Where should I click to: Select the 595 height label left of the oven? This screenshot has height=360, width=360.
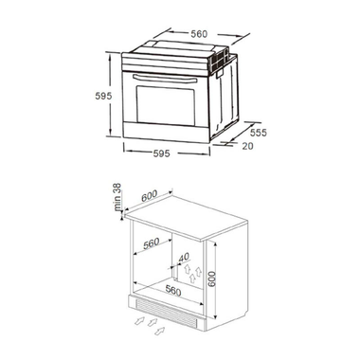click(x=110, y=97)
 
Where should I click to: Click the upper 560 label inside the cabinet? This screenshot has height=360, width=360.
click(x=150, y=243)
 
